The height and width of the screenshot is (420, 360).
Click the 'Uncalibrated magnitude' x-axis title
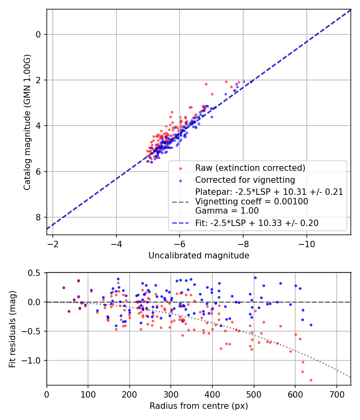pyautogui.click(x=199, y=255)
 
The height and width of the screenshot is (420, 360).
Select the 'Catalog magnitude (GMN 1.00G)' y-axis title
pyautogui.click(x=27, y=122)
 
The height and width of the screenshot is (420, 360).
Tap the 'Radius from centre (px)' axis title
pyautogui.click(x=199, y=406)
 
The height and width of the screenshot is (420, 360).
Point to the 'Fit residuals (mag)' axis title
pyautogui.click(x=12, y=329)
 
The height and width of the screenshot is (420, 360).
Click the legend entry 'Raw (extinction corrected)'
pyautogui.click(x=250, y=168)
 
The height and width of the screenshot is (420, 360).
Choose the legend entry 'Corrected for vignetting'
pyautogui.click(x=245, y=180)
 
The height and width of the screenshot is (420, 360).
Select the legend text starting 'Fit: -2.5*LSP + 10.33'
pyautogui.click(x=257, y=223)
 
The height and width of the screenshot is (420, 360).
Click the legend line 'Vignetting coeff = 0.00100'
pyautogui.click(x=252, y=202)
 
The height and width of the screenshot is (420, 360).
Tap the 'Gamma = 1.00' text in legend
pyautogui.click(x=227, y=211)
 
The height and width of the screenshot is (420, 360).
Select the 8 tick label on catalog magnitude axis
pyautogui.click(x=39, y=217)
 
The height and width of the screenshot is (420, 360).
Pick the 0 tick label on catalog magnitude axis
pyautogui.click(x=39, y=34)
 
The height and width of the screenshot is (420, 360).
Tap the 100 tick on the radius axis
pyautogui.click(x=88, y=395)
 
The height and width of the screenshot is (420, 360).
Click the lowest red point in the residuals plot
pyautogui.click(x=311, y=380)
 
